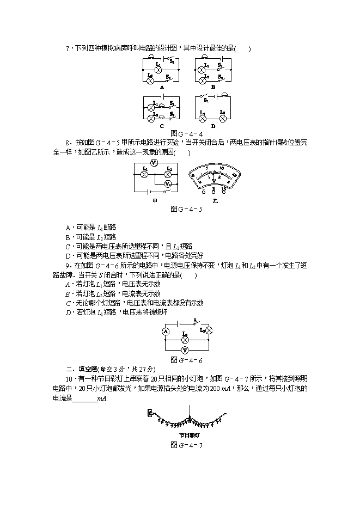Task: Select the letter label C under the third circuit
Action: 162,126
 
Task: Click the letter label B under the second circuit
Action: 213,87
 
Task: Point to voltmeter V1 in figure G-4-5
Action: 154,163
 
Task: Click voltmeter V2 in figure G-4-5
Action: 169,185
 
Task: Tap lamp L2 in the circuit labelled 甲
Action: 168,174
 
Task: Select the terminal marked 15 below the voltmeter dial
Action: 223,188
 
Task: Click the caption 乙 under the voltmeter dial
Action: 215,201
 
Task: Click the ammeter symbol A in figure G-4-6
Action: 166,332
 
